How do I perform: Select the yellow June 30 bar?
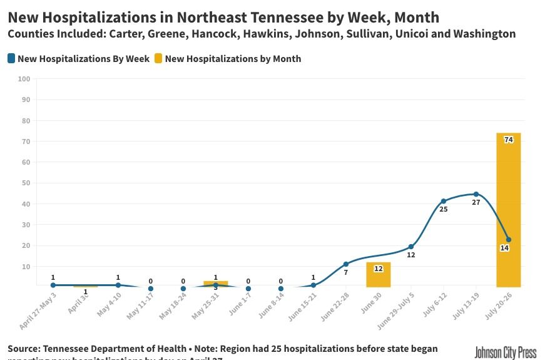point(378,275)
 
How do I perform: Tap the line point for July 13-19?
point(476,194)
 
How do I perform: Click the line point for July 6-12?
point(443,201)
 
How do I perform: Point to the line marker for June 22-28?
point(345,264)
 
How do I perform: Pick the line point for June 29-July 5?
point(410,247)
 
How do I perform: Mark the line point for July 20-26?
point(508,240)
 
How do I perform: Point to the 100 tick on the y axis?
point(24,79)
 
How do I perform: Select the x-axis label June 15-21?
point(303,306)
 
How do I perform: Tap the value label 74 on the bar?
point(508,140)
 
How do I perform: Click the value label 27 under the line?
point(476,202)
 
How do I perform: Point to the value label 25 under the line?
point(443,209)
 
